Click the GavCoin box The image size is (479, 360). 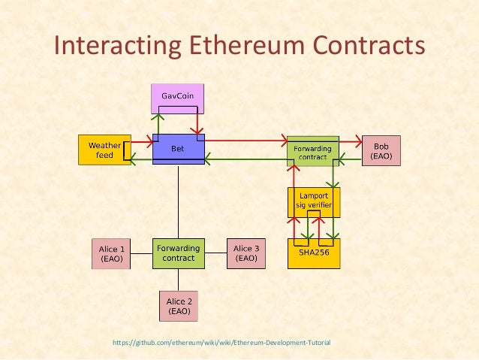pyautogui.click(x=178, y=98)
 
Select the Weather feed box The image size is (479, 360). pyautogui.click(x=104, y=149)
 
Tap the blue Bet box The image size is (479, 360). pyautogui.click(x=178, y=149)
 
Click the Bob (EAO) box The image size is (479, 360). pyautogui.click(x=381, y=150)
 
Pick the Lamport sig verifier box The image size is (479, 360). pyautogui.click(x=314, y=202)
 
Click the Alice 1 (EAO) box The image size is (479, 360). pyautogui.click(x=112, y=253)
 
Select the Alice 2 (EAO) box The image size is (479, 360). pyautogui.click(x=179, y=304)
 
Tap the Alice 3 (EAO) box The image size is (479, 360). pyautogui.click(x=246, y=253)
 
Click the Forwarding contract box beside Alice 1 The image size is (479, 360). pyautogui.click(x=178, y=253)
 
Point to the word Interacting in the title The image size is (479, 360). pyautogui.click(x=113, y=45)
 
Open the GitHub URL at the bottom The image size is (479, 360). pyautogui.click(x=221, y=343)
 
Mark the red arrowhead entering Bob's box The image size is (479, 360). pyautogui.click(x=357, y=139)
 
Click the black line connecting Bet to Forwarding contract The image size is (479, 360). pyautogui.click(x=178, y=201)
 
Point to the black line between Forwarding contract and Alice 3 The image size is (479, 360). pyautogui.click(x=215, y=253)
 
